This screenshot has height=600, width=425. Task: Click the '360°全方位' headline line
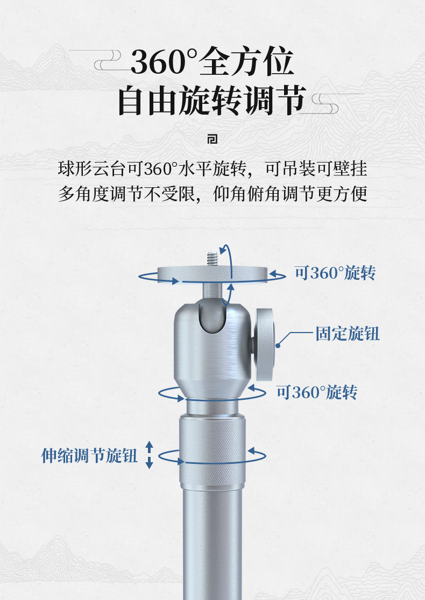212,61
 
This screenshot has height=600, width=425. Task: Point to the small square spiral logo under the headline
212,139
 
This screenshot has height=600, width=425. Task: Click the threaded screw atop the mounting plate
212,259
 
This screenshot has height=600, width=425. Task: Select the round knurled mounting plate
212,274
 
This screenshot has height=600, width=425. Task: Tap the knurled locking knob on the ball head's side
264,344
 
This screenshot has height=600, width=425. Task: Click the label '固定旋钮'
348,334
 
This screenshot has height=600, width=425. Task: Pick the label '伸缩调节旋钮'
89,455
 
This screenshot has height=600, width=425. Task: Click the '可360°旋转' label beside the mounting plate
335,273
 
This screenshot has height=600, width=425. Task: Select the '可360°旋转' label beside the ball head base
317,392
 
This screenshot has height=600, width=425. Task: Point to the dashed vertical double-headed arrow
149,455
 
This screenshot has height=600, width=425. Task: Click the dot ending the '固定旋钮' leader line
278,345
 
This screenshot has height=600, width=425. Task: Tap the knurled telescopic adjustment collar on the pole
212,451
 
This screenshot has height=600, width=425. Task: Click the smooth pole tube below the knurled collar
212,543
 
